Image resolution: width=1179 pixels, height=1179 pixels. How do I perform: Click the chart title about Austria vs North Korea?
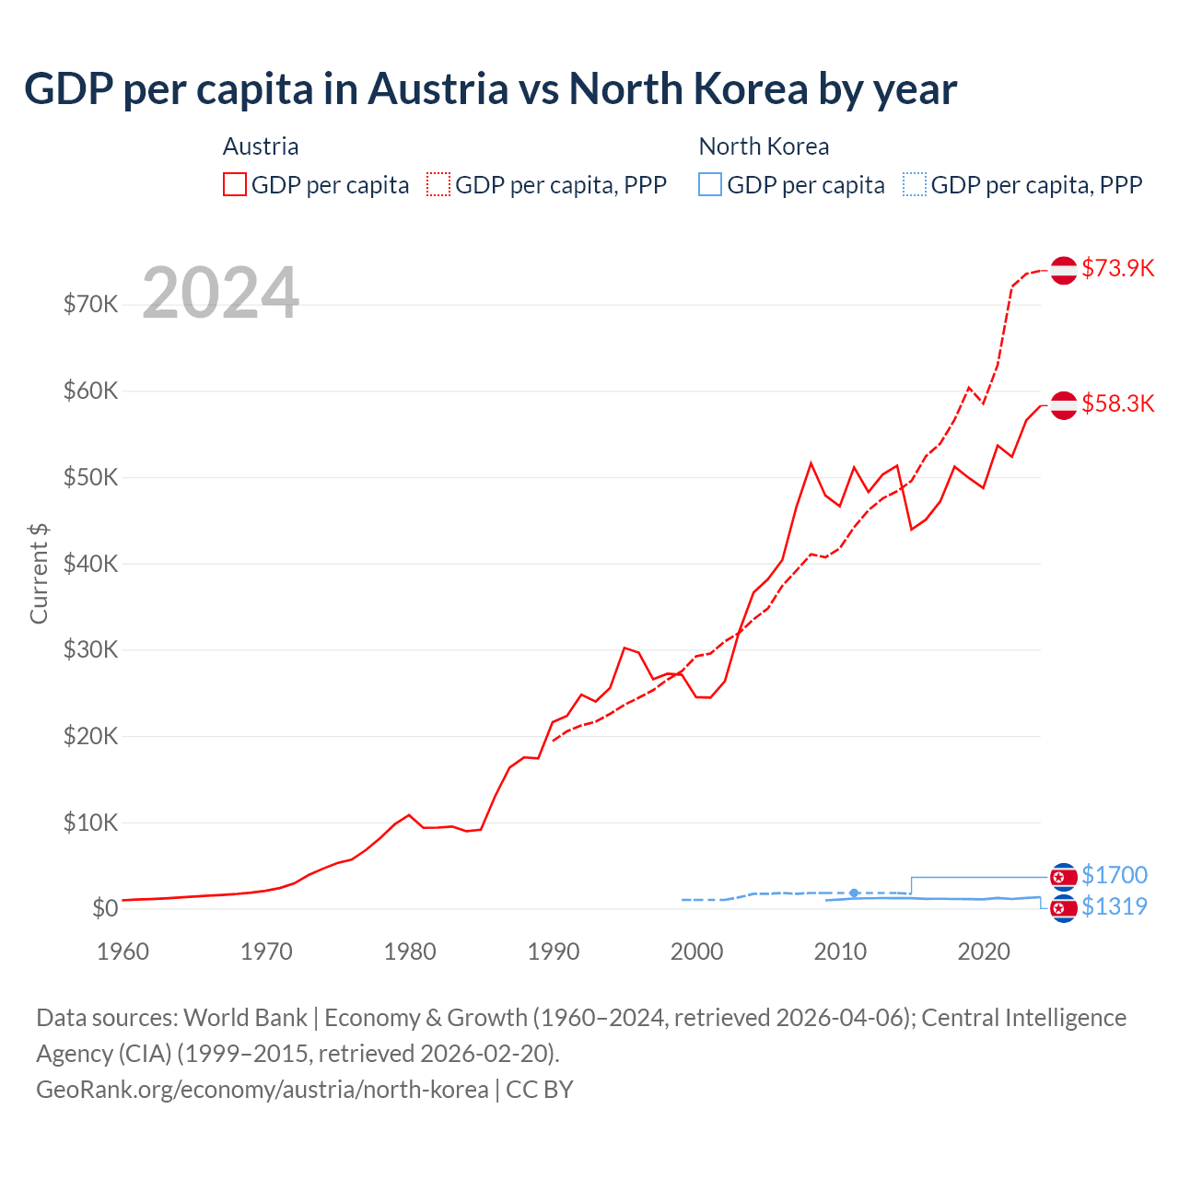pyautogui.click(x=490, y=89)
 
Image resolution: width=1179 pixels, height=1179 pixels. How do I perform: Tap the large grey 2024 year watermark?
pyautogui.click(x=221, y=293)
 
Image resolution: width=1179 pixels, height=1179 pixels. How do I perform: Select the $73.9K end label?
pyautogui.click(x=1117, y=268)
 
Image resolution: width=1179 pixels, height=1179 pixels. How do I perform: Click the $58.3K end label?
pyautogui.click(x=1117, y=403)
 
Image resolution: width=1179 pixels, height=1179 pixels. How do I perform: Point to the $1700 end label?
pyautogui.click(x=1114, y=875)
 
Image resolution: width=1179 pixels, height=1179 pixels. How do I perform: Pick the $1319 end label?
pyautogui.click(x=1114, y=906)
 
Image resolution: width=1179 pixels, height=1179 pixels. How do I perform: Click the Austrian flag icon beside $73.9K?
pyautogui.click(x=1064, y=270)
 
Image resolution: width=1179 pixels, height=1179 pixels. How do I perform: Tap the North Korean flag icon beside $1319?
pyautogui.click(x=1064, y=908)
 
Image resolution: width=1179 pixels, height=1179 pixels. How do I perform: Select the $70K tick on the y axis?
pyautogui.click(x=90, y=304)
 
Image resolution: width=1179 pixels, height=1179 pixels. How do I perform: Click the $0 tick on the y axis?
pyautogui.click(x=103, y=908)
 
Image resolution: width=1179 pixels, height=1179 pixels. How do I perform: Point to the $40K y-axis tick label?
pyautogui.click(x=90, y=563)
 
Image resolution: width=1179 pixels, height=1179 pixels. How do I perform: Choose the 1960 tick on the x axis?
pyautogui.click(x=123, y=951)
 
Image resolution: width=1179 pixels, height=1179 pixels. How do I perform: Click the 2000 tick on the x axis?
pyautogui.click(x=696, y=951)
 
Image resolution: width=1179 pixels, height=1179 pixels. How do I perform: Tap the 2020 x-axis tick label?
pyautogui.click(x=984, y=951)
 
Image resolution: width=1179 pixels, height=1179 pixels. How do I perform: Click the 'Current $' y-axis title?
pyautogui.click(x=39, y=573)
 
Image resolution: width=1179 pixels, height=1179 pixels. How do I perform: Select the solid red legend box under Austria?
pyautogui.click(x=235, y=184)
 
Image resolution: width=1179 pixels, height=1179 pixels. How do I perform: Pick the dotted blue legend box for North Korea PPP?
pyautogui.click(x=915, y=184)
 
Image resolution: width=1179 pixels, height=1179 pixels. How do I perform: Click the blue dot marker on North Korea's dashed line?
pyautogui.click(x=854, y=893)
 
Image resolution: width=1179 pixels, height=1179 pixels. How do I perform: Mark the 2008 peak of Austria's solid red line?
pyautogui.click(x=811, y=463)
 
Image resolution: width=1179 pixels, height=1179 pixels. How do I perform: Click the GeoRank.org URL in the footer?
pyautogui.click(x=263, y=1090)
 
